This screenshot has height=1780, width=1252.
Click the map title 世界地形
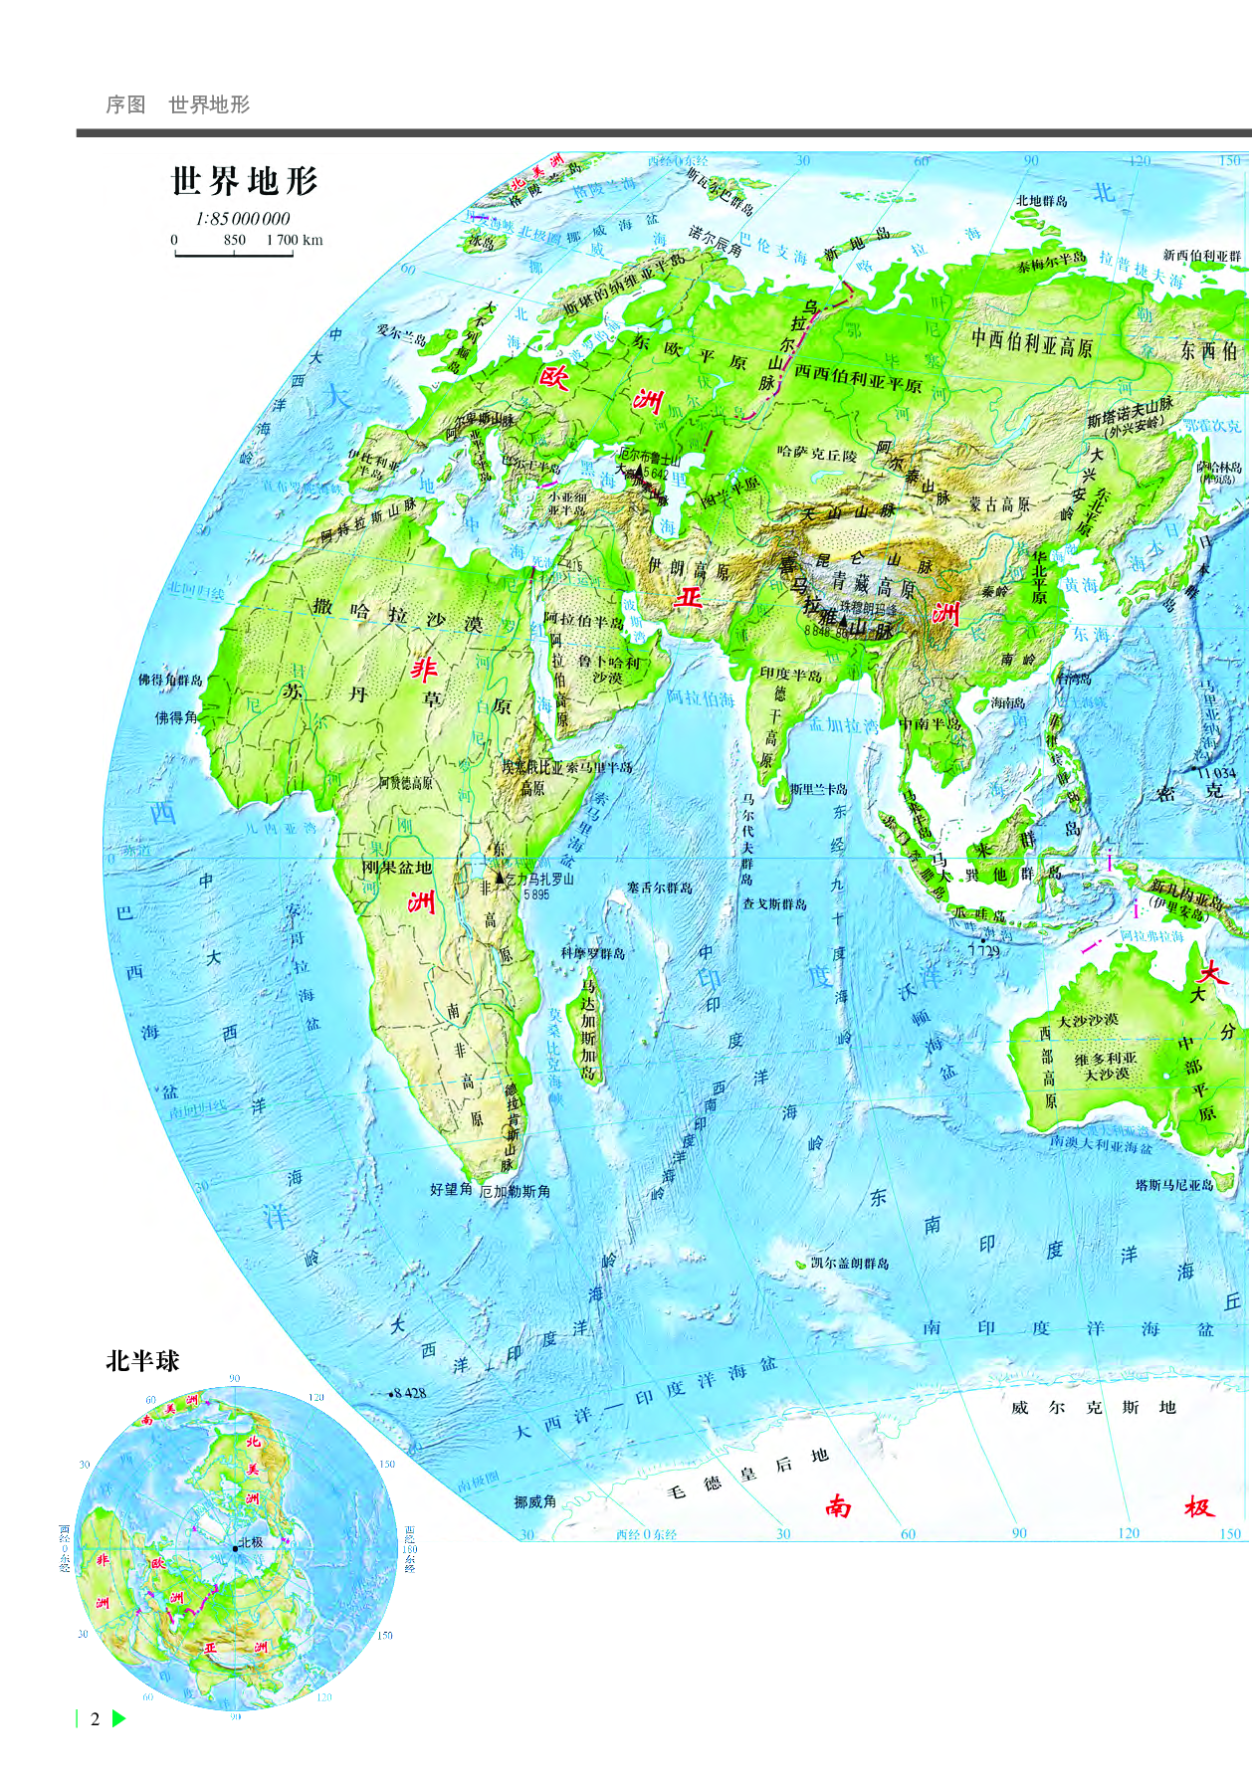[x=244, y=182]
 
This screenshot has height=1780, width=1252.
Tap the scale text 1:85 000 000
[x=243, y=219]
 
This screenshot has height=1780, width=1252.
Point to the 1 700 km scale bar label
[x=295, y=240]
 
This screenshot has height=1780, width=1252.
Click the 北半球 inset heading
[x=142, y=1361]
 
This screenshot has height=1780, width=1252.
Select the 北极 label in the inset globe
[x=251, y=1543]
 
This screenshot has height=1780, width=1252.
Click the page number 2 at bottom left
[x=96, y=1719]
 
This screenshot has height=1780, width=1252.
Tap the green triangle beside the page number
[x=119, y=1718]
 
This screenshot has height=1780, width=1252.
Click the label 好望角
[x=451, y=1189]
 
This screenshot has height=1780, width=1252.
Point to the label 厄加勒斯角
[x=515, y=1191]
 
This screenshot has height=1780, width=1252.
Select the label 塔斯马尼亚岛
[x=1174, y=1185]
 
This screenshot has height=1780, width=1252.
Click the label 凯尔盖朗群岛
[x=850, y=1263]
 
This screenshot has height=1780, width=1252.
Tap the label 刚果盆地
[x=396, y=868]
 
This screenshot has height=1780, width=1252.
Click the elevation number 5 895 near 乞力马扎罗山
[x=536, y=894]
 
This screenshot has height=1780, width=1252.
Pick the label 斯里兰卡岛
[x=819, y=789]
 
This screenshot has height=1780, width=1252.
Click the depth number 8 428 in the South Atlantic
[x=409, y=1393]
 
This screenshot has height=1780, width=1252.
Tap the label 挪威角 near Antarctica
[x=535, y=1501]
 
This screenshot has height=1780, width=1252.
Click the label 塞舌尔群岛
[x=660, y=888]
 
